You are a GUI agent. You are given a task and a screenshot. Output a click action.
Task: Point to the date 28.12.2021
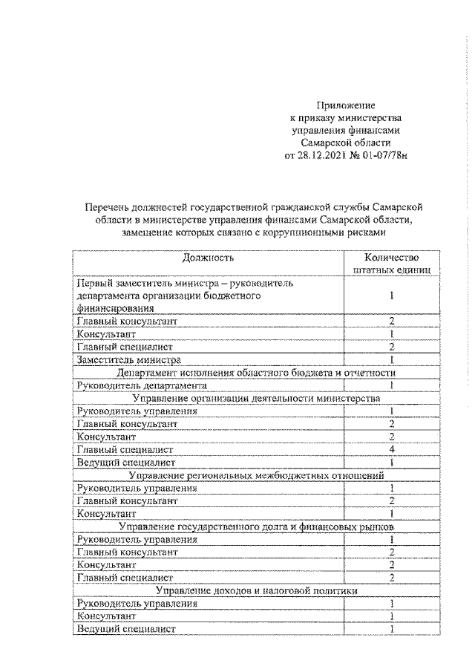[x=328, y=156]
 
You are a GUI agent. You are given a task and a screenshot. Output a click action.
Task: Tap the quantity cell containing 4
[x=390, y=449]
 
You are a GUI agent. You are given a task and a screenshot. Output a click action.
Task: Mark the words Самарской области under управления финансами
[x=346, y=143]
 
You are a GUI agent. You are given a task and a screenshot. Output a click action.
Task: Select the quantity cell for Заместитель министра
[x=390, y=359]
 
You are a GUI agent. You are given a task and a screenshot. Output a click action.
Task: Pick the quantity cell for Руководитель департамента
[x=390, y=385]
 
